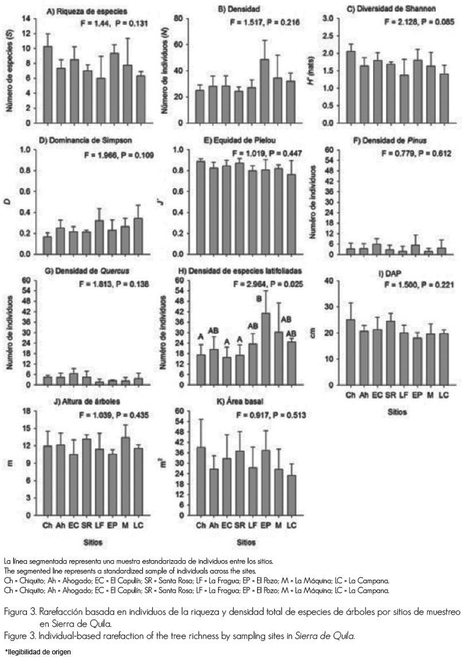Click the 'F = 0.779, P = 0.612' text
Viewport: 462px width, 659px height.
(417, 153)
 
